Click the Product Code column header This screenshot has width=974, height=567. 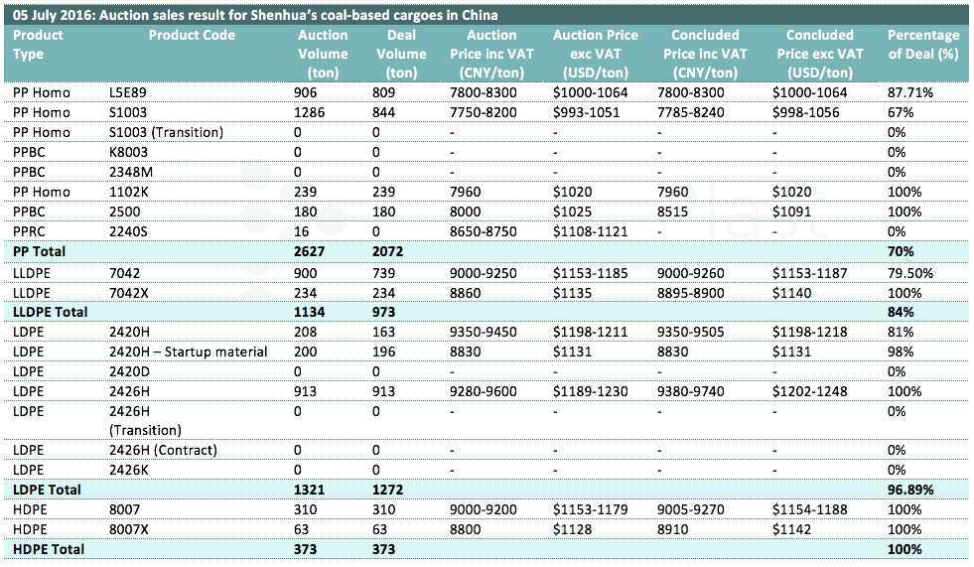coord(192,36)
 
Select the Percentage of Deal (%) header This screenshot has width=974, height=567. coord(923,45)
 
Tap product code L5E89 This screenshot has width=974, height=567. coord(128,92)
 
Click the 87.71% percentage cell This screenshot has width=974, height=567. coord(910,92)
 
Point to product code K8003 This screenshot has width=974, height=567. coord(129,152)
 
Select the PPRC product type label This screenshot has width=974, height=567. coord(29,231)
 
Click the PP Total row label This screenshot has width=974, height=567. coord(39,251)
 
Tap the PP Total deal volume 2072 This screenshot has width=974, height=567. coord(387,251)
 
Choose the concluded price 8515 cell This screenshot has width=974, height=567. coord(673,212)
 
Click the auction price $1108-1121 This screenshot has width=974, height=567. coord(590,231)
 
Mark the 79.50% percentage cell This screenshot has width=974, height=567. coord(910,273)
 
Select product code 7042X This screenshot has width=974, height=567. coord(129,293)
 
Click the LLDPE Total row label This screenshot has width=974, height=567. coord(51,312)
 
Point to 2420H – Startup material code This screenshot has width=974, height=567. coord(189,352)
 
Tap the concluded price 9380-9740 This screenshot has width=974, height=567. coord(691,391)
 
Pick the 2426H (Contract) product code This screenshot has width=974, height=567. coord(164,450)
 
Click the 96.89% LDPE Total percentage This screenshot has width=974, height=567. coord(910,490)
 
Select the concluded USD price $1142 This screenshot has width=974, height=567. coord(792,529)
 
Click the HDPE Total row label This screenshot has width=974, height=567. coord(49,549)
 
